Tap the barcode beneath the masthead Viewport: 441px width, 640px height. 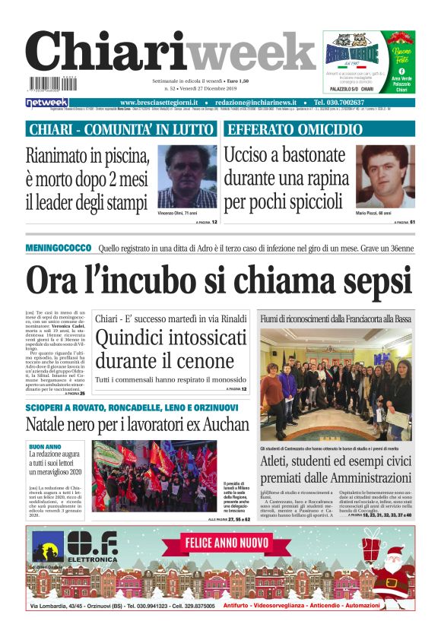coord(49,85)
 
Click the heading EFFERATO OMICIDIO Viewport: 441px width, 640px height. coord(297,129)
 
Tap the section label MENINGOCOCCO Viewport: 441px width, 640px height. coord(58,249)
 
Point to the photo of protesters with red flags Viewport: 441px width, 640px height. coord(154,476)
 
